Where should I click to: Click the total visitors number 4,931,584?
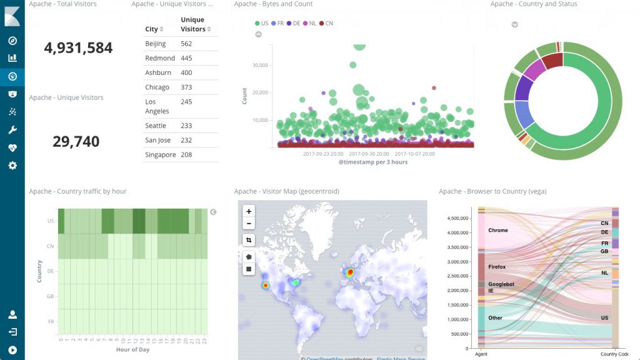78,48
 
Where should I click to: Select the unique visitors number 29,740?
76,142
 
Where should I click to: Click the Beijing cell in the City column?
156,44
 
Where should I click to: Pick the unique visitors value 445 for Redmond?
186,58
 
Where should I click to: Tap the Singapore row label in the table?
161,154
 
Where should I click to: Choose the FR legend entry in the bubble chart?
277,23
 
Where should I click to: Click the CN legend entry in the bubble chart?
326,23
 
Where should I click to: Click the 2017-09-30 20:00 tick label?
369,153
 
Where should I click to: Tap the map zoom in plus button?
249,212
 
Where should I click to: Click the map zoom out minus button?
249,224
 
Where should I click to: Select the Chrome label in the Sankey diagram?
498,230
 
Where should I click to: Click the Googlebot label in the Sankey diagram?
502,284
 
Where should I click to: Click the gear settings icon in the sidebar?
12,166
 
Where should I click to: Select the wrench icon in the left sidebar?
12,130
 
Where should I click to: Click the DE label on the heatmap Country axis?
50,271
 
